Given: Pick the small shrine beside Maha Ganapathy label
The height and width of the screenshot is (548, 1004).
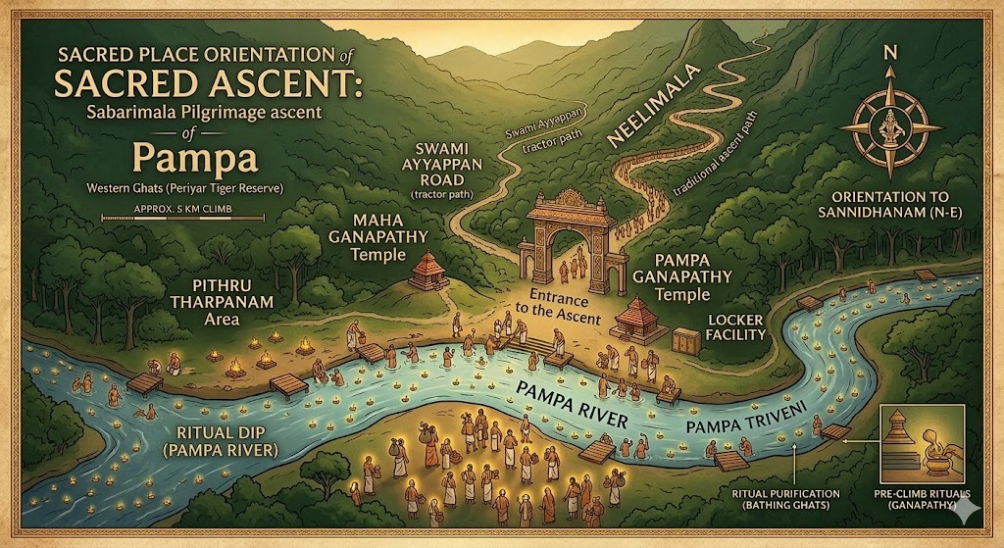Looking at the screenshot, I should click(x=425, y=269).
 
